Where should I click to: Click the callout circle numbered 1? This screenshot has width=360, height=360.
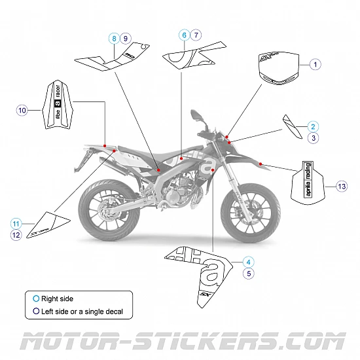315,64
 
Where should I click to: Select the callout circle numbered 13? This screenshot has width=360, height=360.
341,187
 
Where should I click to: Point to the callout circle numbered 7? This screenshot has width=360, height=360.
196,34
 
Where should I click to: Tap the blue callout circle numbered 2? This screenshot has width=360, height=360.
314,126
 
